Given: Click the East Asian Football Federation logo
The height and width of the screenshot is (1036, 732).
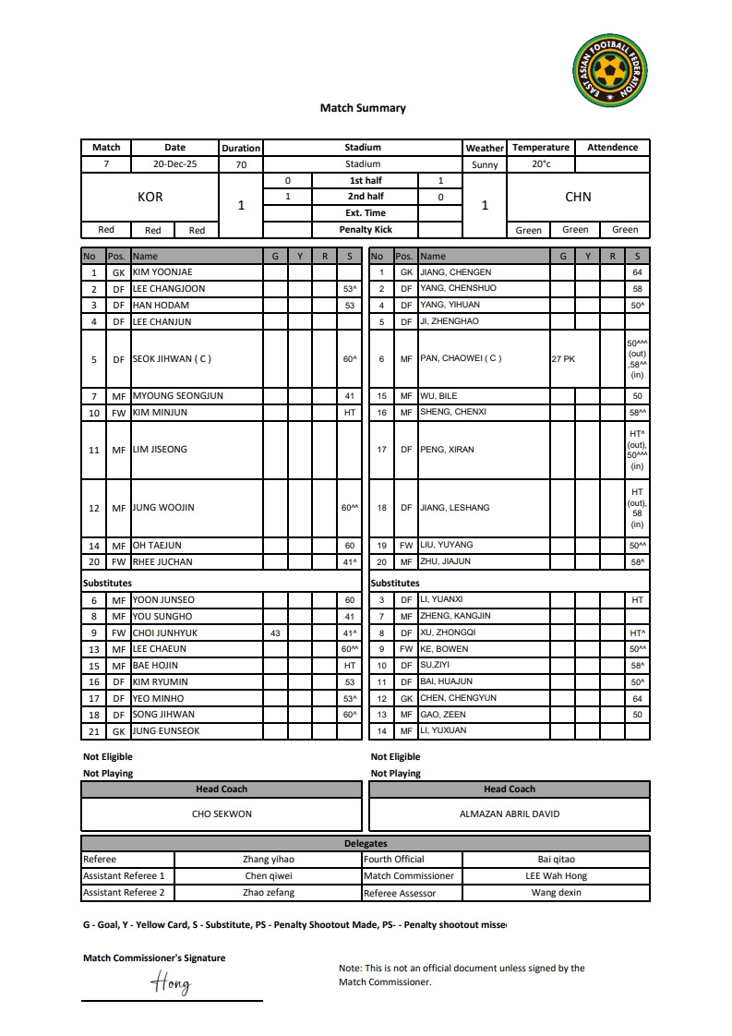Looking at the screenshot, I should click(x=610, y=69).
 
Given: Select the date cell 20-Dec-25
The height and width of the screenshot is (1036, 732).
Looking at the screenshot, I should click(x=174, y=164).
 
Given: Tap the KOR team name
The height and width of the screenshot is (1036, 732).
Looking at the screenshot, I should click(x=150, y=197).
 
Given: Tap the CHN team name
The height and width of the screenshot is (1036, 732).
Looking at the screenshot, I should click(x=578, y=197).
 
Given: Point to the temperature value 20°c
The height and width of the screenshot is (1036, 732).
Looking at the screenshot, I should click(x=541, y=164).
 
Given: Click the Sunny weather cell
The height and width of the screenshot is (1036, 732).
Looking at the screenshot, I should click(x=485, y=165).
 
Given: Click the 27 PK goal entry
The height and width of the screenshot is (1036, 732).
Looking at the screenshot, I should click(x=563, y=359).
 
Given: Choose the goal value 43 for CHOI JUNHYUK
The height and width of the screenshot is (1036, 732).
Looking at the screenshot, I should click(x=274, y=633).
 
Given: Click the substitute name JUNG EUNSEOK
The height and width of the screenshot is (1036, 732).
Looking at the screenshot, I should click(x=165, y=730).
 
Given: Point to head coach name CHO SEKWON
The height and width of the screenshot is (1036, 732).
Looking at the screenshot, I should click(x=222, y=814).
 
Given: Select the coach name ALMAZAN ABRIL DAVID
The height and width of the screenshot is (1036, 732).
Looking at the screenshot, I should click(x=510, y=814).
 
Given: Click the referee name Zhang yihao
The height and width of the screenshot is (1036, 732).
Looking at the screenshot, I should click(x=269, y=859).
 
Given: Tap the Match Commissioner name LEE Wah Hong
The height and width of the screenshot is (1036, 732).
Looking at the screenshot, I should click(x=556, y=875).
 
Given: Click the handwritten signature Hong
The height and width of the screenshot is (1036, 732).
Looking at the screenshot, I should click(x=172, y=982).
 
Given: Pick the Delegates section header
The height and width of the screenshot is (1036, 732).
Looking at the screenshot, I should click(x=366, y=843).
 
